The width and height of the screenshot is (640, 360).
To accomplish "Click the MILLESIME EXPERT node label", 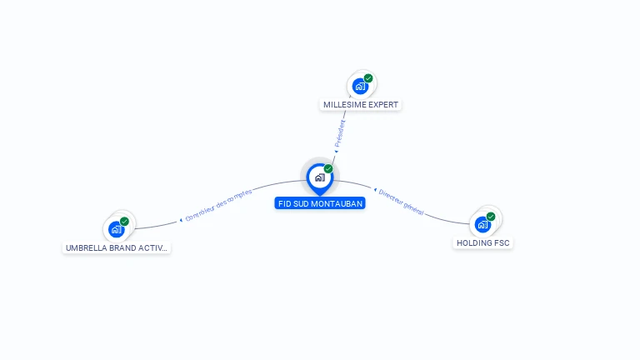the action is tap(360, 105).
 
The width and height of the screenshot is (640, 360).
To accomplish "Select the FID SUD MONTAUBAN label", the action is tap(320, 203).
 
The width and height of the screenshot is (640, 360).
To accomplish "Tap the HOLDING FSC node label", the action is tap(483, 243).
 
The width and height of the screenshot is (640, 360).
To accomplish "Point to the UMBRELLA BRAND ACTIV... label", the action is tap(117, 248).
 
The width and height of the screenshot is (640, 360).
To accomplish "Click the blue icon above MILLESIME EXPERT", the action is tap(360, 86).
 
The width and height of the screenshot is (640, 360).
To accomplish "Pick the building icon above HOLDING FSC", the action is tap(482, 224).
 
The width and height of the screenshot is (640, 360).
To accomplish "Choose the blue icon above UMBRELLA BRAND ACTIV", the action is tap(116, 229).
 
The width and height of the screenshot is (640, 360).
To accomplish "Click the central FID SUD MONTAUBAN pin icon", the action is tap(319, 177).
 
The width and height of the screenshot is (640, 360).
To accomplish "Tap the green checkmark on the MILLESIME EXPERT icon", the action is tap(368, 78).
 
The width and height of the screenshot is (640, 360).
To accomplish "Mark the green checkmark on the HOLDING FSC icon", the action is tap(491, 217).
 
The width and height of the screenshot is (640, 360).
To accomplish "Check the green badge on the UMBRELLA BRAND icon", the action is tap(124, 222).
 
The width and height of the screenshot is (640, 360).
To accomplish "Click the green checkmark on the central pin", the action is tap(328, 169).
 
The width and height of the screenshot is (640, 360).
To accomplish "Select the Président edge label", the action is tap(340, 133).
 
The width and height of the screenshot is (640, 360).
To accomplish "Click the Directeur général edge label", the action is tap(401, 202).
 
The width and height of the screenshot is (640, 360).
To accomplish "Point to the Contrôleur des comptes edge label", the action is tap(218, 205).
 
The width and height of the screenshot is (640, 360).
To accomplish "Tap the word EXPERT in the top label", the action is tap(382, 105).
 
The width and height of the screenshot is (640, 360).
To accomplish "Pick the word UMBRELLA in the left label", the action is tap(87, 248).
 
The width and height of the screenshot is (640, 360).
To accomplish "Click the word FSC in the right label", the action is tap(502, 243).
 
